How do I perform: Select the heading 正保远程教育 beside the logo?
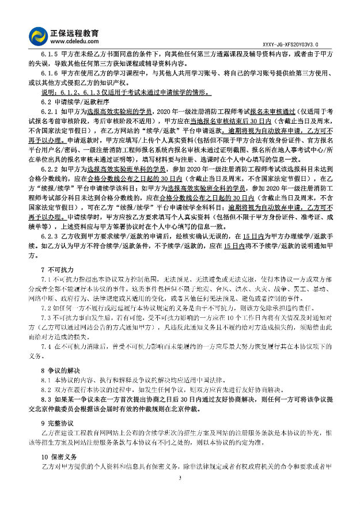(x=75, y=32)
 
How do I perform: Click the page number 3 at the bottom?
(x=180, y=479)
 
